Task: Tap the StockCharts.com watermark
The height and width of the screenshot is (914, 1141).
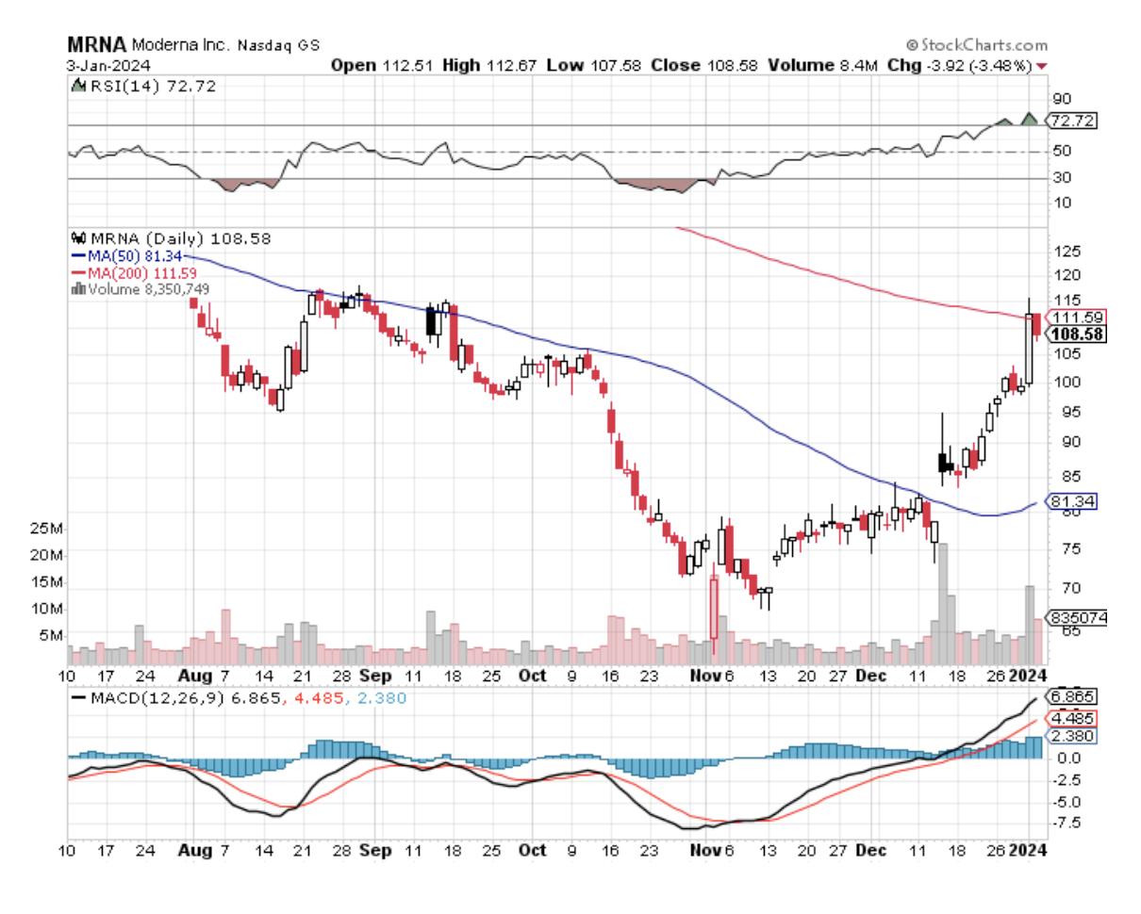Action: [x=977, y=45]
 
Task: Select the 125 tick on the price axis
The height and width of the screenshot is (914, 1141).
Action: [x=1067, y=252]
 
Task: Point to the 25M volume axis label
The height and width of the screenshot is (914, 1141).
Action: [x=48, y=529]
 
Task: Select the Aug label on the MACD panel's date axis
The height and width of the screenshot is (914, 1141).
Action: [x=192, y=849]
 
